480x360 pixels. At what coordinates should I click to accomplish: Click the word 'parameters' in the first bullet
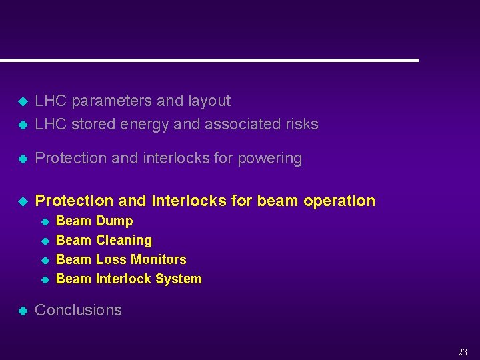coord(111,101)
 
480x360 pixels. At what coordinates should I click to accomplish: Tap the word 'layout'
coord(209,101)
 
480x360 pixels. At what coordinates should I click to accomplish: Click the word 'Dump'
coord(114,221)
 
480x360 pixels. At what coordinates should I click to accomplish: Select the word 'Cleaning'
coord(123,240)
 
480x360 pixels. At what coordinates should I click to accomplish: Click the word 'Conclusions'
coord(78,310)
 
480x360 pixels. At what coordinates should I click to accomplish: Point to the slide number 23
coord(463,352)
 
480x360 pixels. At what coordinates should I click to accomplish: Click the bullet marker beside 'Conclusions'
coord(22,311)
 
